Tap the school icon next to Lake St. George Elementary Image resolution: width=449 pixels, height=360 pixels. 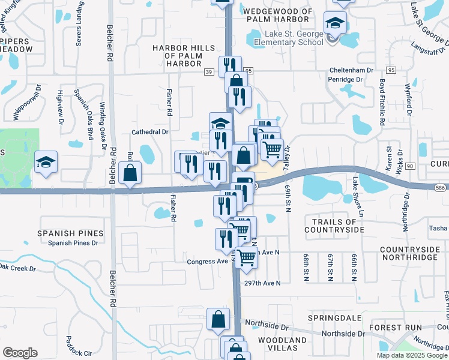335,25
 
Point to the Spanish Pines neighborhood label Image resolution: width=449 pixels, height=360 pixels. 70,233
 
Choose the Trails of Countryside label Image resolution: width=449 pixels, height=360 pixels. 334,226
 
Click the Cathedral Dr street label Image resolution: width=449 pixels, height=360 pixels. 151,131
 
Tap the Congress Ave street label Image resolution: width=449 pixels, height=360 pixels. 207,262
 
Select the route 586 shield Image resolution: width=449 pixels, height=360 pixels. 440,188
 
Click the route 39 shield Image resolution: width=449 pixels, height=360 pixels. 209,71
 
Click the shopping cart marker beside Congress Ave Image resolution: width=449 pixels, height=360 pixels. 246,258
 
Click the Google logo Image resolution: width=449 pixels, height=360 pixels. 20,353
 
